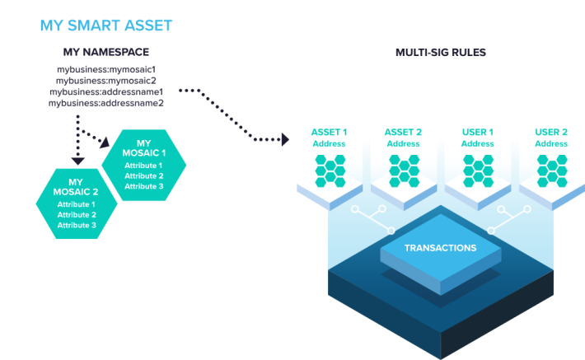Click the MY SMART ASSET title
pos(106,26)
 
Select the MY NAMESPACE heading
pos(106,52)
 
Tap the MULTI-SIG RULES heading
pos(441,52)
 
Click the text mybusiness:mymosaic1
pos(106,69)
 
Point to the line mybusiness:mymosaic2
pos(106,81)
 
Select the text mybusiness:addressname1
pos(106,91)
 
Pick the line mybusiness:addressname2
pos(106,103)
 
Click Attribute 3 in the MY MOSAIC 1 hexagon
pos(144,186)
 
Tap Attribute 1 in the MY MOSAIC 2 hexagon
pos(77,204)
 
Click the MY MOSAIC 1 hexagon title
pos(143,148)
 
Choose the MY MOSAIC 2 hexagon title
pos(76,187)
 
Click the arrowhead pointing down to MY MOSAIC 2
pos(78,161)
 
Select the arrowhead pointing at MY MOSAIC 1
pos(105,143)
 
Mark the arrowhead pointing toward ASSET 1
pos(285,139)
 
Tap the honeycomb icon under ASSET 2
pos(404,171)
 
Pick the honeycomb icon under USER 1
pos(478,171)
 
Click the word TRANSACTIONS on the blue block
pos(441,248)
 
